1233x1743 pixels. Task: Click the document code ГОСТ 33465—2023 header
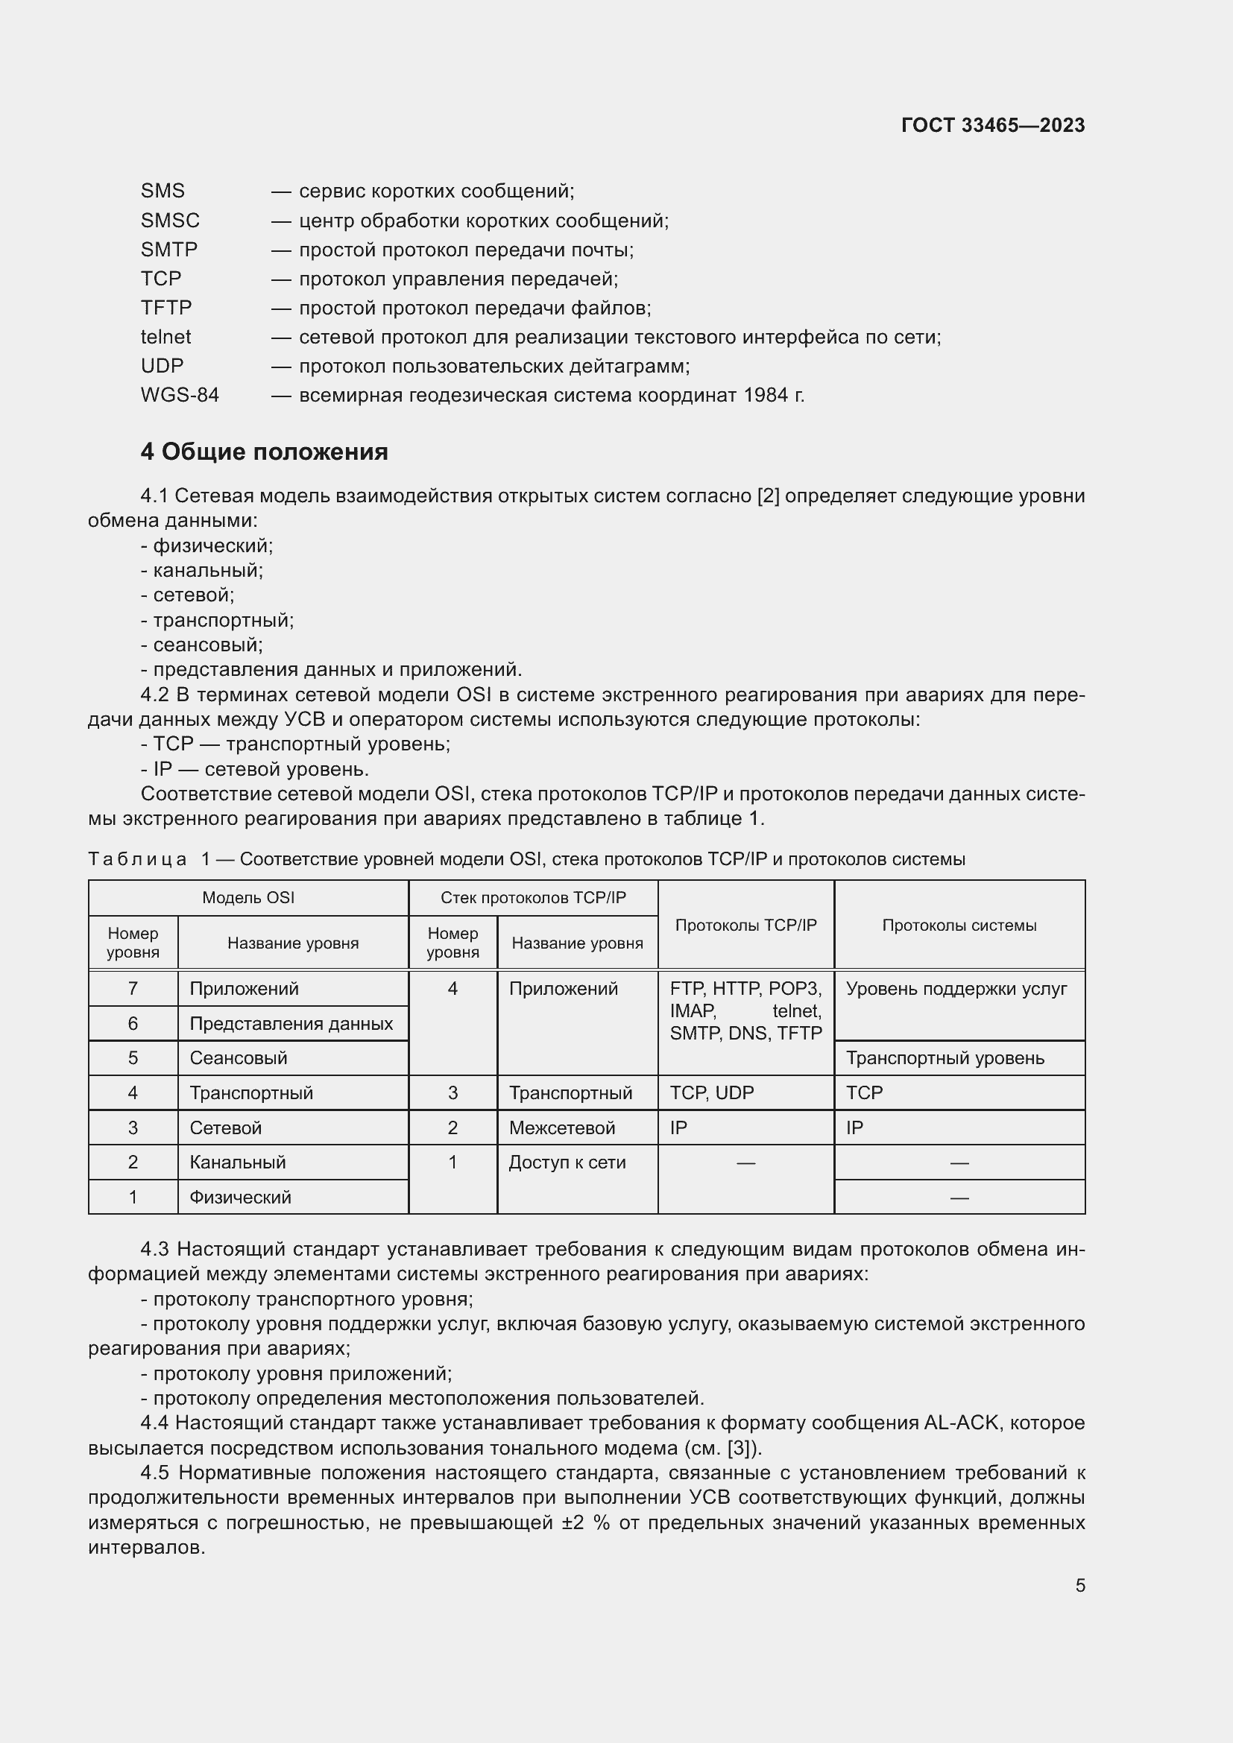tap(992, 125)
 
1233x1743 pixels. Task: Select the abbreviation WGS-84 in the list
tap(179, 396)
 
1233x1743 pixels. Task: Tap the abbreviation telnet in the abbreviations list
tap(165, 337)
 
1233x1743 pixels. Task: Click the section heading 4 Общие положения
tap(263, 452)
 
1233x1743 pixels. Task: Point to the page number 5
tap(1079, 1585)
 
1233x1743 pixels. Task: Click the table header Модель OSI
tap(247, 898)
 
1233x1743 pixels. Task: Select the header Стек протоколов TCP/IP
tap(533, 898)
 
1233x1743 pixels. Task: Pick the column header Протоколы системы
tap(959, 926)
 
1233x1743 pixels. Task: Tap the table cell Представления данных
tap(291, 1023)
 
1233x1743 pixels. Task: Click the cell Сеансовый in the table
tap(239, 1057)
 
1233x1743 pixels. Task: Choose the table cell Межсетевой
tap(562, 1127)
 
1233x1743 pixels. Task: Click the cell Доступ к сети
tap(567, 1162)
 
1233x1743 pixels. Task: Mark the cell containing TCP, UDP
tap(711, 1092)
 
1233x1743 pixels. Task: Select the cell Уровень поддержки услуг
tap(956, 988)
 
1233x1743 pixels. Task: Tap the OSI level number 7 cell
tap(133, 988)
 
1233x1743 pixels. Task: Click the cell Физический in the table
tap(240, 1198)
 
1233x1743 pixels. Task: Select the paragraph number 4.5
tap(154, 1472)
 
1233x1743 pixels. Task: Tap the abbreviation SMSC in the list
tap(170, 221)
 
